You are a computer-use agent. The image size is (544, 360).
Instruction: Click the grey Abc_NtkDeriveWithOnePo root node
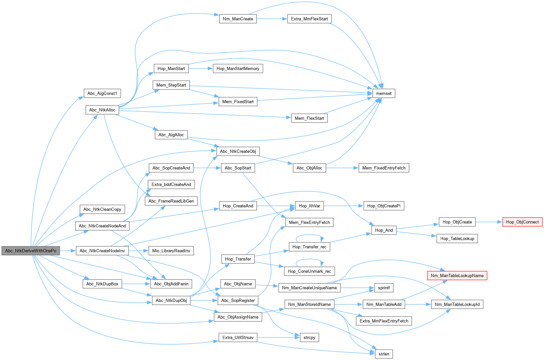pos(31,251)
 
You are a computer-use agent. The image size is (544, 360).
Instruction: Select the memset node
pos(384,94)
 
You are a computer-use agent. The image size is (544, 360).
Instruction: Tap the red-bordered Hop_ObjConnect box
pos(522,222)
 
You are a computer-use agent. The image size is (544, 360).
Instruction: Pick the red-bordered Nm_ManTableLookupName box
pos(457,276)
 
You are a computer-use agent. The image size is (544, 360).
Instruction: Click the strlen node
pos(384,354)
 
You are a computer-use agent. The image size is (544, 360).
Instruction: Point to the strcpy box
pos(309,337)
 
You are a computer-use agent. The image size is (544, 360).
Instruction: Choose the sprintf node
pos(384,288)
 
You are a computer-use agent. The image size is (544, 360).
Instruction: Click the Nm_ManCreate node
pos(238,19)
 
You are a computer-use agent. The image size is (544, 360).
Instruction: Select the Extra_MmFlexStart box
pos(309,19)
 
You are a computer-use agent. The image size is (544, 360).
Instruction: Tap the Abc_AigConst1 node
pos(102,94)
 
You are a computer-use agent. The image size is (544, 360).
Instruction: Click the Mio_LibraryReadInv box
pos(171,251)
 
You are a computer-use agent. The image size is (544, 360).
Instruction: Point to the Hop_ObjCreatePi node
pos(384,206)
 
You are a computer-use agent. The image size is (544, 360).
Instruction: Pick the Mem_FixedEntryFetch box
pos(384,168)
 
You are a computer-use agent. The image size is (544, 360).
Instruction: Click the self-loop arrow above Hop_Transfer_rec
pos(309,235)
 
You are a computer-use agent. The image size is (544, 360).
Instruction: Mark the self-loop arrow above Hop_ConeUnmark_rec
pos(309,260)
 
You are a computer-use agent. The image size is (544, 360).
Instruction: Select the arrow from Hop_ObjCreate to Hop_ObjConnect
pos(489,222)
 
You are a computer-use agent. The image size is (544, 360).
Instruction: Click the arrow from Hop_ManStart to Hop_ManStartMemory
pos(201,69)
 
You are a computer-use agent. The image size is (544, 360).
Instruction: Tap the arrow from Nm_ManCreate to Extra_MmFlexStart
pos(272,19)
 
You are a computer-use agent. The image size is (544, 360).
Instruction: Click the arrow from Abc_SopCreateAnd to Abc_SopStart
pos(207,168)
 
